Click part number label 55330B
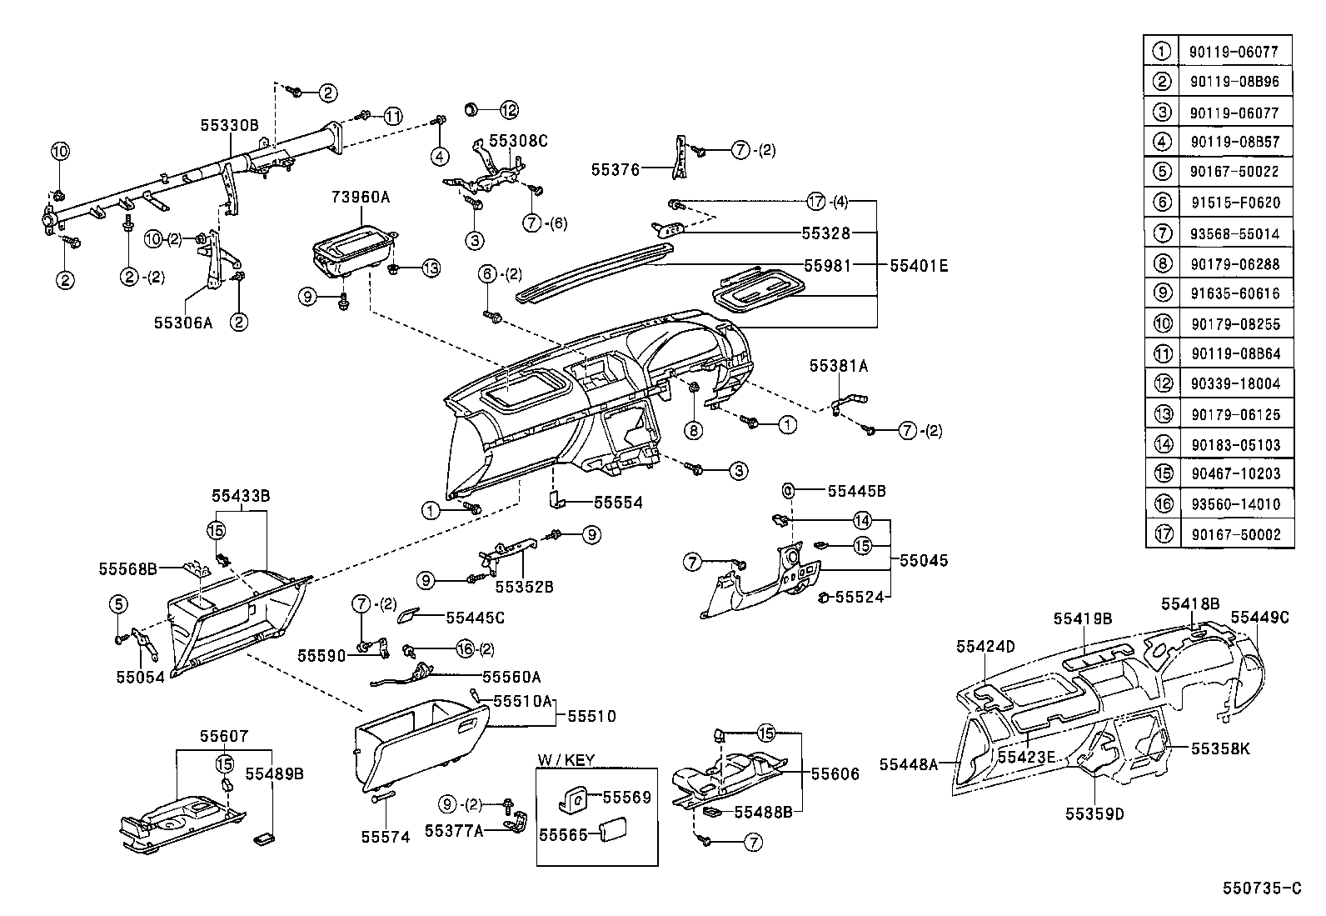pyautogui.click(x=229, y=125)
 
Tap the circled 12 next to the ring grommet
pyautogui.click(x=509, y=109)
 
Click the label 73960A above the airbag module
pyautogui.click(x=361, y=198)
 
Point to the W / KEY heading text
pyautogui.click(x=566, y=760)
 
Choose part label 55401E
pyautogui.click(x=919, y=267)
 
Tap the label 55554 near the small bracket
pyautogui.click(x=618, y=503)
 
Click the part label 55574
pyautogui.click(x=386, y=837)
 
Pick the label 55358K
pyautogui.click(x=1220, y=748)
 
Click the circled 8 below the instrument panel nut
pyautogui.click(x=694, y=430)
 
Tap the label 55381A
pyautogui.click(x=838, y=365)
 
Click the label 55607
pyautogui.click(x=223, y=736)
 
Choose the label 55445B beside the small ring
pyautogui.click(x=856, y=491)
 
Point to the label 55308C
pyautogui.click(x=518, y=141)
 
